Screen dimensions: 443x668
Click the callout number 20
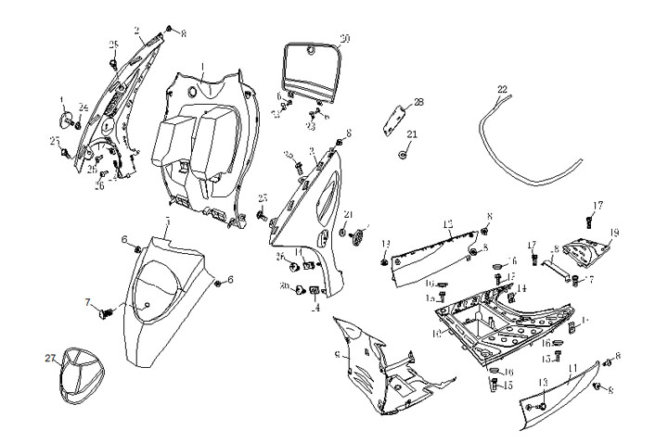[345, 39]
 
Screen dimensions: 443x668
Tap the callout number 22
[502, 90]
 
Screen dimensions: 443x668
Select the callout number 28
[417, 102]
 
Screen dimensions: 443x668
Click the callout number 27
[50, 357]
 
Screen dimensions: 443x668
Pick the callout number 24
[83, 106]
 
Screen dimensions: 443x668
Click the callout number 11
[572, 369]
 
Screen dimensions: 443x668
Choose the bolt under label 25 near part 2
[113, 62]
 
